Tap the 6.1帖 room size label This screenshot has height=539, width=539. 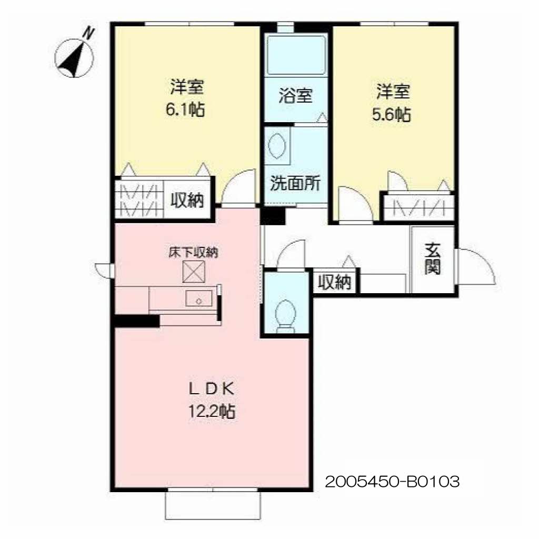[x=185, y=109]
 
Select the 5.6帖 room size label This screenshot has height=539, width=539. [x=391, y=114]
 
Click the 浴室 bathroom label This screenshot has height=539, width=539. [x=296, y=96]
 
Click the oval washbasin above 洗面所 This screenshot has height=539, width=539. [x=277, y=146]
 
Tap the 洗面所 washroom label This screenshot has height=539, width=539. [x=295, y=183]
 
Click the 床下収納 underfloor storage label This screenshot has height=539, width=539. [x=194, y=253]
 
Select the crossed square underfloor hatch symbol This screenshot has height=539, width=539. [x=194, y=272]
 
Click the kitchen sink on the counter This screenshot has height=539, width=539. [x=198, y=298]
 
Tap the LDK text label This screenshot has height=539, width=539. [x=212, y=389]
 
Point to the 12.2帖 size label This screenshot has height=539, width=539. [x=212, y=411]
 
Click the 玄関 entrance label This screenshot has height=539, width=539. [x=433, y=259]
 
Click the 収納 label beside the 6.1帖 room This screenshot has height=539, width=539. [x=187, y=199]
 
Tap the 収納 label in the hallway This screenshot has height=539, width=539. [x=334, y=282]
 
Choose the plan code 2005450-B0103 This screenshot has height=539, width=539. [x=392, y=482]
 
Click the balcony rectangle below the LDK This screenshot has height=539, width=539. [x=213, y=505]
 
